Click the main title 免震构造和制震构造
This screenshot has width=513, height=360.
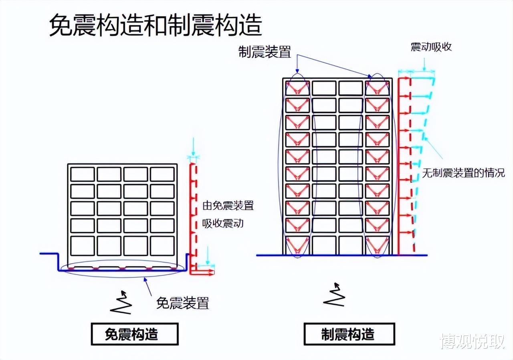[156, 25]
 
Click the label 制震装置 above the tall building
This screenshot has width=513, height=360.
[265, 52]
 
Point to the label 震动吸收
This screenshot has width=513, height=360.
[431, 47]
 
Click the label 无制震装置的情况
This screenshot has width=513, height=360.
[463, 173]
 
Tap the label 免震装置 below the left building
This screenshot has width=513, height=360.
[182, 303]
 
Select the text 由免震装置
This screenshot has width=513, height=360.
[228, 205]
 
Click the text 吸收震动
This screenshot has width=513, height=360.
[222, 223]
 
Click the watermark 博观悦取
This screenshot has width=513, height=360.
[473, 342]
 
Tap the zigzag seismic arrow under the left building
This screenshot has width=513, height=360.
[121, 302]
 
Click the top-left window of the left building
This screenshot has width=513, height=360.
[83, 174]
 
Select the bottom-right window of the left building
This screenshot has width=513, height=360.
[162, 246]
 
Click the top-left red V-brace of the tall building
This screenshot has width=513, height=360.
[297, 88]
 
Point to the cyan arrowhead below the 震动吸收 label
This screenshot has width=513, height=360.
[424, 68]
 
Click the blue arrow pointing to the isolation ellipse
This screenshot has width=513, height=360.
[148, 287]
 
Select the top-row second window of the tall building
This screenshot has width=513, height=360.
[324, 88]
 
